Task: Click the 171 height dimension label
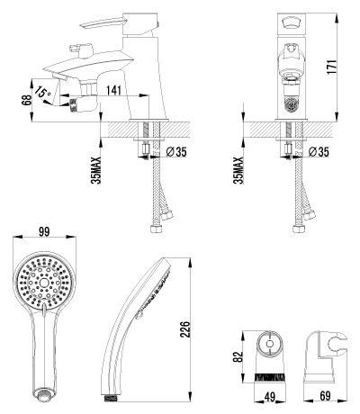tap(332, 67)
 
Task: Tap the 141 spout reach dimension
tap(113, 90)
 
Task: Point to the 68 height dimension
tap(26, 100)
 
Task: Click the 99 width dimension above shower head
tap(44, 231)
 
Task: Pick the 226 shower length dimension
tap(186, 329)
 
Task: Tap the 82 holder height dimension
tap(238, 356)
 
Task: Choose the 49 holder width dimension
tap(270, 397)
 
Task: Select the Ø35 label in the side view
tap(176, 152)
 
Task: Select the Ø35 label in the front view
tap(319, 152)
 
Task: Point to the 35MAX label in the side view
tap(96, 170)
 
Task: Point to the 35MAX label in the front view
tap(239, 170)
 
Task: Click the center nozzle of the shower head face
tap(44, 282)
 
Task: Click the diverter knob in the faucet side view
tap(80, 49)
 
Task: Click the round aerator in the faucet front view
tap(291, 104)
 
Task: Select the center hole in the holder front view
tap(269, 344)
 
